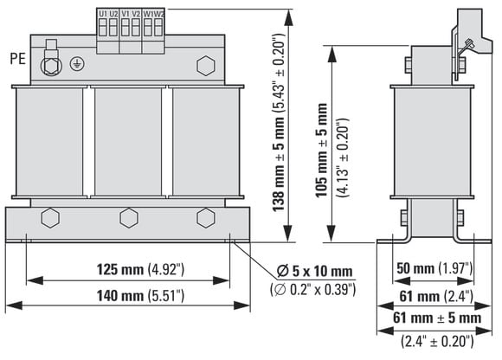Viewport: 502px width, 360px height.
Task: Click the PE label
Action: coord(17,59)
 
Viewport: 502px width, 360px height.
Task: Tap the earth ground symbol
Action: coord(77,64)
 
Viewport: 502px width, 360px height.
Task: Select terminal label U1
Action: coord(103,14)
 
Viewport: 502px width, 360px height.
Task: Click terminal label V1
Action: coord(125,14)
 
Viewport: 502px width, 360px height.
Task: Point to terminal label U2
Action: coord(113,14)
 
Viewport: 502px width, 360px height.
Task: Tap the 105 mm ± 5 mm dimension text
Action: coord(321,151)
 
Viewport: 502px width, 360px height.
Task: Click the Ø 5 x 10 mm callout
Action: coord(315,272)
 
